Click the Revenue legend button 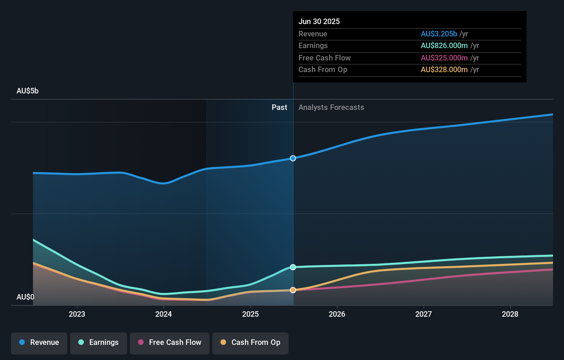(x=39, y=342)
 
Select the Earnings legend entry (x=99, y=342)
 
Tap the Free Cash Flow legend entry (x=170, y=342)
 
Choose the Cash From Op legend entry (x=250, y=342)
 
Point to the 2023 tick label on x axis (x=77, y=314)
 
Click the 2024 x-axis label (x=163, y=314)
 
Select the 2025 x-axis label (x=250, y=314)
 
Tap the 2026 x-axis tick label (x=337, y=314)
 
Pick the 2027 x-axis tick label (x=424, y=314)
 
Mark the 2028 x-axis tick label (x=510, y=314)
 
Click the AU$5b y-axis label (x=27, y=91)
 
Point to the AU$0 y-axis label (x=25, y=297)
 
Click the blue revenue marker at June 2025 (x=293, y=158)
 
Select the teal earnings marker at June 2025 (x=293, y=267)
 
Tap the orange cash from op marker (x=293, y=290)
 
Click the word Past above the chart (x=279, y=108)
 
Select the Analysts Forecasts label (x=331, y=108)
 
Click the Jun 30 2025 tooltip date (x=319, y=22)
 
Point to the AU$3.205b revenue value (x=439, y=34)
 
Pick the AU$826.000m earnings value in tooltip (x=444, y=46)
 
